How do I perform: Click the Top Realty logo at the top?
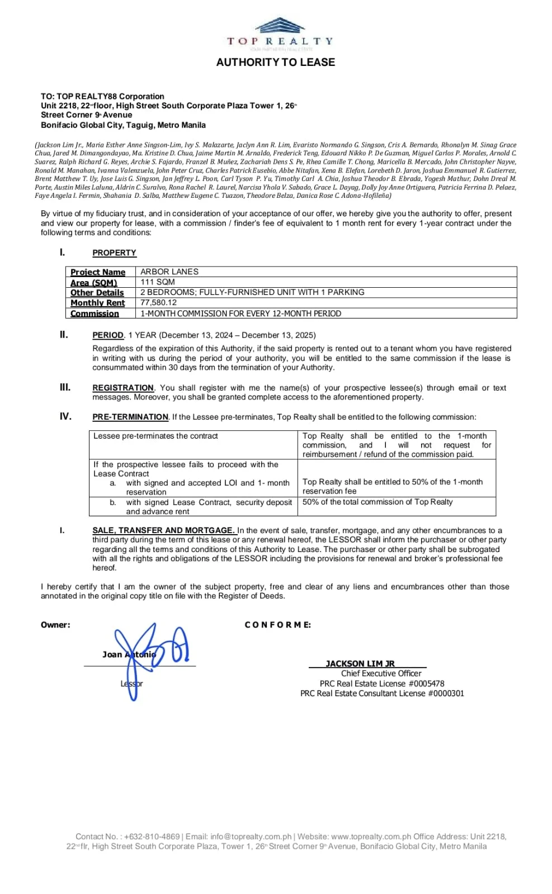280,32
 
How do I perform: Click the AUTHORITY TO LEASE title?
276,63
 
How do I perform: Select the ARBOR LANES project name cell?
169,272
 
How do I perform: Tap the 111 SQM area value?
158,282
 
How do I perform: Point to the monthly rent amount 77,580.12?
158,303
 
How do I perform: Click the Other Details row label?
97,293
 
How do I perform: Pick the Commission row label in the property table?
95,313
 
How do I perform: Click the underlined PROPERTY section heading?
114,253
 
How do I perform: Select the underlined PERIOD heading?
108,335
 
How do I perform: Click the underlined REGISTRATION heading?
123,388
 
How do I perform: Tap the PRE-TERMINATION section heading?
130,417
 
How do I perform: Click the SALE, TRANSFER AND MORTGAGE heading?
163,530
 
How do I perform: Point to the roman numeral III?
65,387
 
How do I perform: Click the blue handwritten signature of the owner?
148,654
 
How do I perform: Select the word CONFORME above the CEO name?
277,625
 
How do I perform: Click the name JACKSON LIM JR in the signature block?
360,663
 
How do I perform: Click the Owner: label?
55,625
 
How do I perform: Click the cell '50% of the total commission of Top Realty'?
378,502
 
